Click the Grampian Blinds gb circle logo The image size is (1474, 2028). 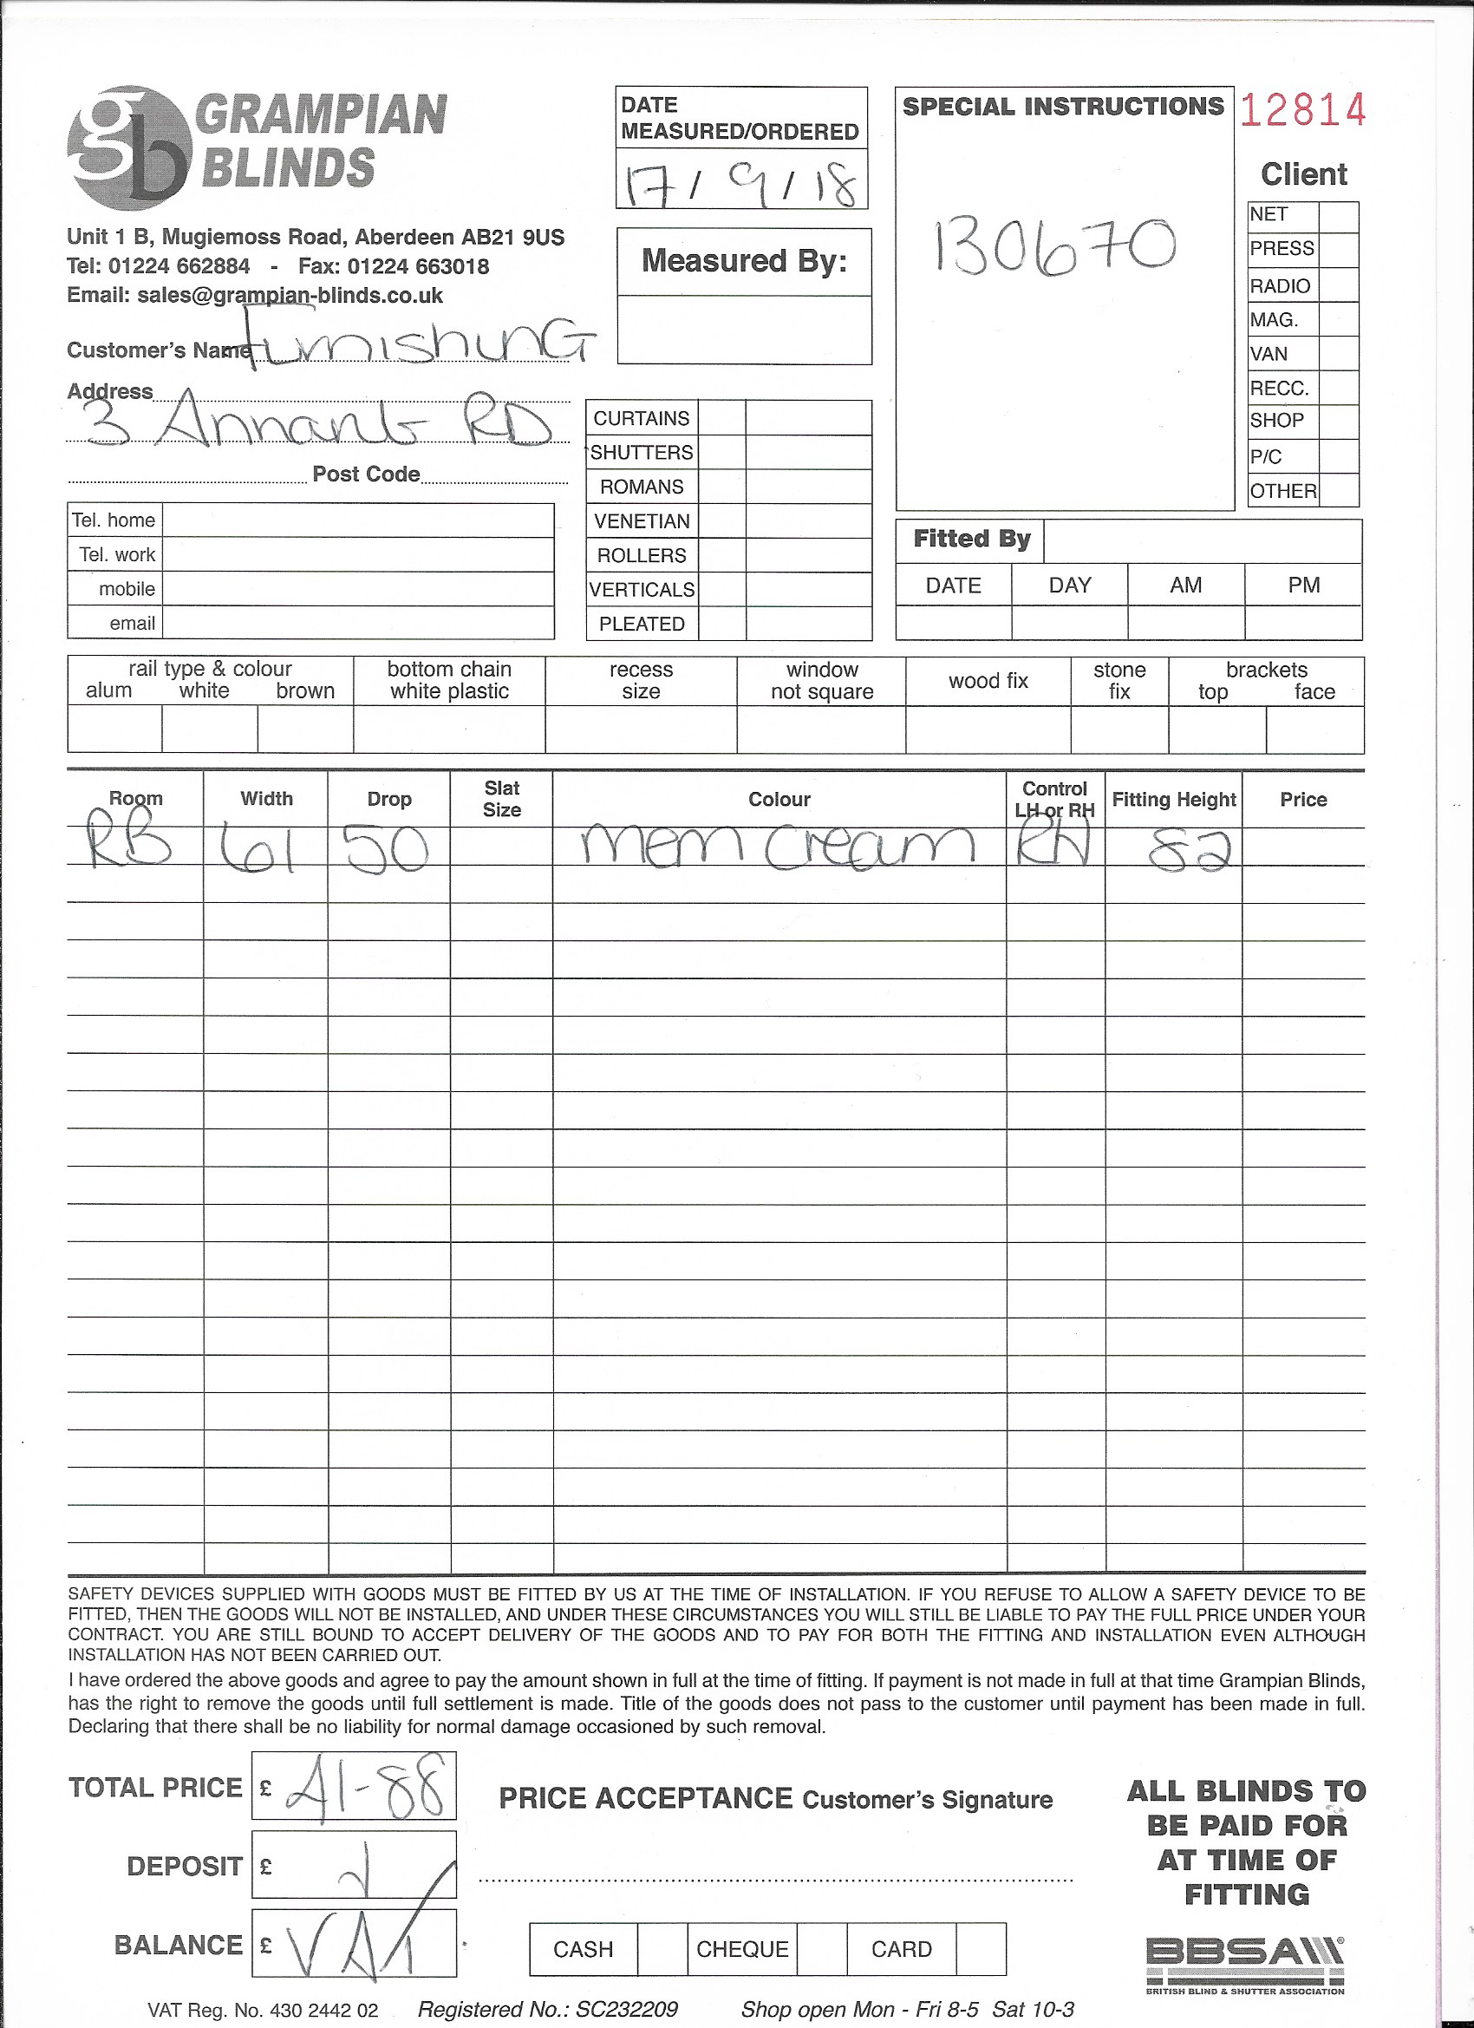click(129, 147)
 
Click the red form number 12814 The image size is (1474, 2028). click(1302, 109)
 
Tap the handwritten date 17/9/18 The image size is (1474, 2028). click(740, 183)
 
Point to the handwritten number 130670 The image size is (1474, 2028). click(1054, 245)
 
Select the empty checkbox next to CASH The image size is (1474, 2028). click(662, 1948)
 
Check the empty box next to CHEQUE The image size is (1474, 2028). click(821, 1948)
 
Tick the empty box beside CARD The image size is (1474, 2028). click(981, 1948)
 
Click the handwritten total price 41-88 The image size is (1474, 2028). click(365, 1788)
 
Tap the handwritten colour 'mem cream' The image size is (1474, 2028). click(778, 845)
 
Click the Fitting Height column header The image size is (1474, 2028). click(1174, 800)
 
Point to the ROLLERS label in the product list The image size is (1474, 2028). click(642, 555)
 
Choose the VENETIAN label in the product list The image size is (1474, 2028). click(642, 521)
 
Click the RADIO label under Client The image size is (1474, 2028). click(1280, 286)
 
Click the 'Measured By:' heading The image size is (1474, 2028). click(744, 261)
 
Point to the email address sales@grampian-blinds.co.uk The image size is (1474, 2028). click(290, 296)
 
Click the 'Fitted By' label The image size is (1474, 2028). click(972, 540)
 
